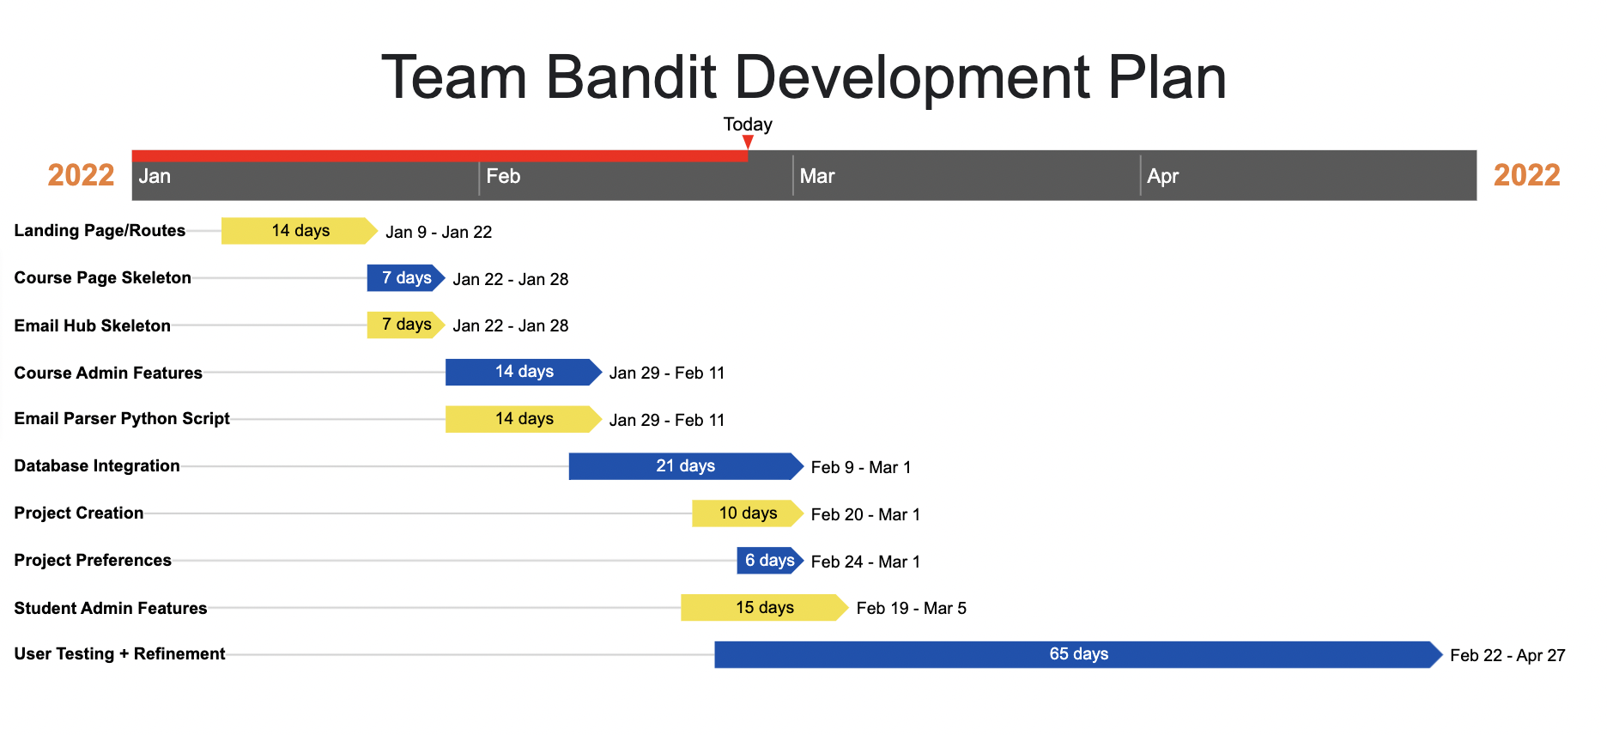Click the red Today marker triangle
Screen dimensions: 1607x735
point(748,142)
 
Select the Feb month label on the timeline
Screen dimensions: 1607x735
point(503,176)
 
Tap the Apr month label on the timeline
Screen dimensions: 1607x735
point(1162,176)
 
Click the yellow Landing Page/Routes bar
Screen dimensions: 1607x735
point(300,231)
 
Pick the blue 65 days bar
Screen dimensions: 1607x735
point(1078,654)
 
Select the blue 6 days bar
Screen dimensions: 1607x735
point(770,561)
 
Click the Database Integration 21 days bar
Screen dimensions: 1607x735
point(686,466)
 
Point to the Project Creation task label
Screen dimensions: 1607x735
point(79,513)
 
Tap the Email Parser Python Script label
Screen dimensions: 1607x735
point(122,418)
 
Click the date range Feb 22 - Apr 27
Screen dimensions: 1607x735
point(1507,655)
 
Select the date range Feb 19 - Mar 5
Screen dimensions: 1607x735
point(912,608)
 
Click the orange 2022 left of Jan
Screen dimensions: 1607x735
point(81,175)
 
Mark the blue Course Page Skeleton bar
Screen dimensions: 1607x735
point(406,278)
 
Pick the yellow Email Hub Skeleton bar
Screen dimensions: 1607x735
point(406,325)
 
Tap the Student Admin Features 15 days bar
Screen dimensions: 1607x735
point(764,608)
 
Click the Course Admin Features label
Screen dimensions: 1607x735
point(108,373)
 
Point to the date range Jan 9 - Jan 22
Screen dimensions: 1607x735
point(439,232)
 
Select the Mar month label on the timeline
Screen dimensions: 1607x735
point(817,176)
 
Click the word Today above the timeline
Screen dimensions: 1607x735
point(748,125)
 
